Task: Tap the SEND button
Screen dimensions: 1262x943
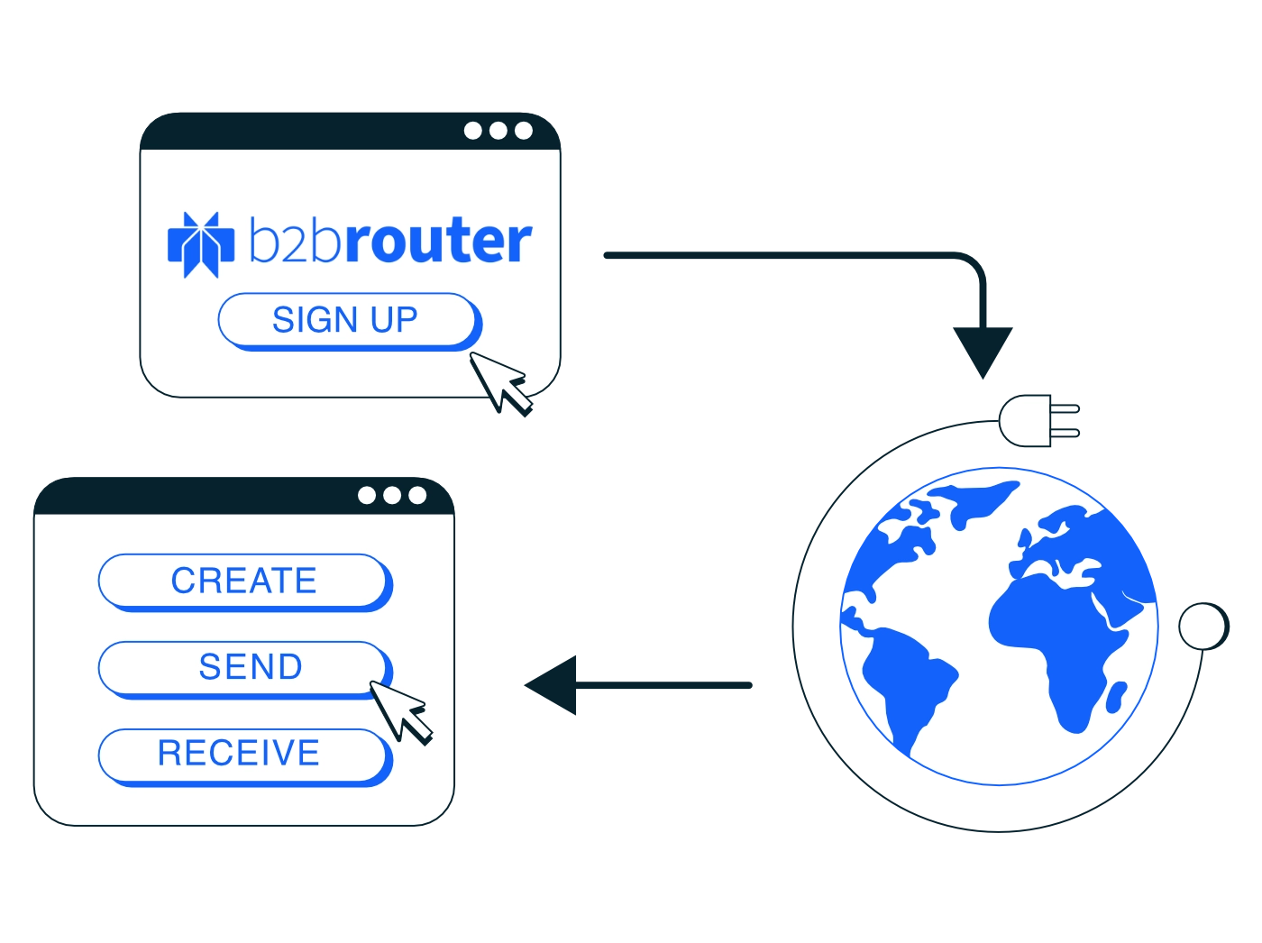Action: point(245,670)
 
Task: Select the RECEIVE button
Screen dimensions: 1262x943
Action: point(245,757)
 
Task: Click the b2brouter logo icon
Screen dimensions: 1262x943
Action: point(201,244)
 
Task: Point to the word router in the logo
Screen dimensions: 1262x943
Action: point(439,240)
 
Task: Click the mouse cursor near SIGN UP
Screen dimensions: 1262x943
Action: point(499,383)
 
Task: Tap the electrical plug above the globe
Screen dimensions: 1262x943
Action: point(1038,420)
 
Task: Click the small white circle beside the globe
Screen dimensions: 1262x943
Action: point(1203,627)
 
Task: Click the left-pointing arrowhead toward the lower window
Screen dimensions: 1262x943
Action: point(551,685)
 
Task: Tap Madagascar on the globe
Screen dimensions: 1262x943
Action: point(1116,697)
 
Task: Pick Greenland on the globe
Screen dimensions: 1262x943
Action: point(974,501)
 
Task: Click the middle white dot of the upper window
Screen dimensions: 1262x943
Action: point(498,131)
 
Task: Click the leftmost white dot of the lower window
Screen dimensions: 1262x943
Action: point(366,495)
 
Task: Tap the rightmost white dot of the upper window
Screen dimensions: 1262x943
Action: point(523,131)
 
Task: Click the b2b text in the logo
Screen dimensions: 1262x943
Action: point(296,240)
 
